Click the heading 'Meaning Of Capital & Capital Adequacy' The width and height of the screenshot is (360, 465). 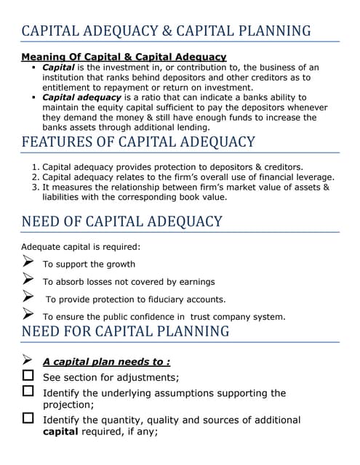tap(124, 57)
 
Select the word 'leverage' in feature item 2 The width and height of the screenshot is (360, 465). tap(314, 177)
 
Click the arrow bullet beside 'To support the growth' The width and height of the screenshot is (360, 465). tap(28, 263)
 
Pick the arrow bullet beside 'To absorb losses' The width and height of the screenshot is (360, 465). tap(28, 280)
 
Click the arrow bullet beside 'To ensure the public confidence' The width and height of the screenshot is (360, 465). tap(28, 315)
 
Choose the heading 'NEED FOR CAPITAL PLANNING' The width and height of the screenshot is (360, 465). tap(125, 331)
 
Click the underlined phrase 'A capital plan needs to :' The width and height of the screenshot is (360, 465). tap(106, 362)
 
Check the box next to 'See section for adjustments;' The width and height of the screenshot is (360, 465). tap(28, 376)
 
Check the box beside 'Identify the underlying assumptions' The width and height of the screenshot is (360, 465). tap(28, 392)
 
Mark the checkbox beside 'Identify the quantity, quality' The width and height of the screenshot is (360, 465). tap(28, 418)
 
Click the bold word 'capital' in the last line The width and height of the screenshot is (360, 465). tap(62, 431)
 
